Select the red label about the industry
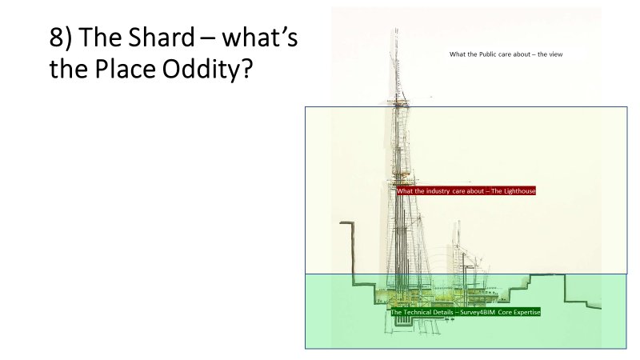coord(466,191)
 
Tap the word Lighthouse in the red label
coord(518,191)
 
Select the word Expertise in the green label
coord(526,312)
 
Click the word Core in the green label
coord(505,312)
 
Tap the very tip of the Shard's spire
coord(395,30)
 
